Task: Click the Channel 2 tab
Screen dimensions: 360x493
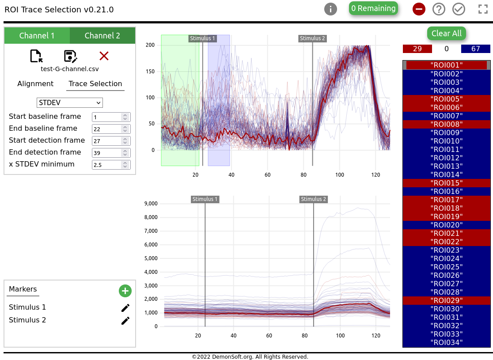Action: (102, 36)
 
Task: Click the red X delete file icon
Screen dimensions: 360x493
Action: (104, 56)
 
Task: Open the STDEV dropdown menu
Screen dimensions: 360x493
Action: (69, 103)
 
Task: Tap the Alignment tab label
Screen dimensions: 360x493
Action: (35, 84)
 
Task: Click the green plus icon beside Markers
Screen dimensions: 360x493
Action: (125, 291)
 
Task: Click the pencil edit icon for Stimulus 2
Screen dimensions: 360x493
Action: (125, 321)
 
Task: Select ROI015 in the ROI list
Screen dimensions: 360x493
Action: (446, 183)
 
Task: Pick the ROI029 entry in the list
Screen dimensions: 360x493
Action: (446, 300)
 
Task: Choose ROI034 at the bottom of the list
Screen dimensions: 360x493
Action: (446, 342)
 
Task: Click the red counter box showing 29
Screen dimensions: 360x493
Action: (417, 49)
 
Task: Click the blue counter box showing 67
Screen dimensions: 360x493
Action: (475, 49)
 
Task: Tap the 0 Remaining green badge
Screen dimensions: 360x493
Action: (373, 8)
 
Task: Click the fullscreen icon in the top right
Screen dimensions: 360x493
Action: (483, 9)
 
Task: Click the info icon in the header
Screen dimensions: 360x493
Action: (330, 9)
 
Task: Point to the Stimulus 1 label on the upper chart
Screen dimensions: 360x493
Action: (202, 38)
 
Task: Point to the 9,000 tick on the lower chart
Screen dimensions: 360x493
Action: (151, 204)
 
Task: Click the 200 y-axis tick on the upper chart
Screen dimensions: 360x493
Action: (150, 45)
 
